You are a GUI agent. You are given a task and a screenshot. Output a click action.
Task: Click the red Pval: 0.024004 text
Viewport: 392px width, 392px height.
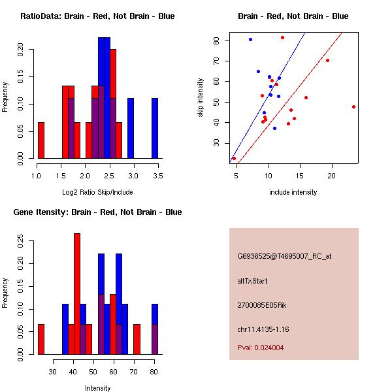pos(261,348)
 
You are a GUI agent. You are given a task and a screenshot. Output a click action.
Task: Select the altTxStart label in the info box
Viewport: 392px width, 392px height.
pos(252,281)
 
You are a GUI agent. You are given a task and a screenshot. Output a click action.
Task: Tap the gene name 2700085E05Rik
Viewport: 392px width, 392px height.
pos(262,305)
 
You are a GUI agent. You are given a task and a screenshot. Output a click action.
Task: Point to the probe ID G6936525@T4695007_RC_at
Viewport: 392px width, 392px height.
pos(284,256)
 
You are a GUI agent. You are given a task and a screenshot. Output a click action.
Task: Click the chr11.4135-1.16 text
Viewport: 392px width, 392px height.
pos(263,329)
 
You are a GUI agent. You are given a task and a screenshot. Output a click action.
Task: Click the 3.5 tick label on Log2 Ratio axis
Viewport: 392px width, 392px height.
pos(158,176)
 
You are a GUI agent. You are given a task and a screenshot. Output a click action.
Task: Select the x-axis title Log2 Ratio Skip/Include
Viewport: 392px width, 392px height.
pos(97,192)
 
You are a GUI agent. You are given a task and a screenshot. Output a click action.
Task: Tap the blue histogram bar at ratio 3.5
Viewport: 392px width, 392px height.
pos(155,128)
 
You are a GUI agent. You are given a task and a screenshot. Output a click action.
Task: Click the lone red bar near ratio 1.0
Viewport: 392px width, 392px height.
pos(41,140)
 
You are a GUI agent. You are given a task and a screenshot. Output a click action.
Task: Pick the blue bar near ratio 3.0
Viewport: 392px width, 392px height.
pos(131,128)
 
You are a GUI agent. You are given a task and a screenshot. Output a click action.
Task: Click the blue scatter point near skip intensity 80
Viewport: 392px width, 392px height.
pos(250,39)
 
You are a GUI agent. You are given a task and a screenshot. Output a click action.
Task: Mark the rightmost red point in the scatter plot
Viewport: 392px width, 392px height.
pos(353,106)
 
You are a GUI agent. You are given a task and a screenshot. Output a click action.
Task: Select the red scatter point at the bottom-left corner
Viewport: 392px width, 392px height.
pos(235,158)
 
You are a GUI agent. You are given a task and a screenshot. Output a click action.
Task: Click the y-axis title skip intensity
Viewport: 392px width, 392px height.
pos(201,97)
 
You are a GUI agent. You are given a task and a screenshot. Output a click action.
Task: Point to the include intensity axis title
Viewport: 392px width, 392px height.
pos(293,192)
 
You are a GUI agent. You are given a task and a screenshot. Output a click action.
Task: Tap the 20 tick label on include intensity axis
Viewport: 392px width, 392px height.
pos(332,176)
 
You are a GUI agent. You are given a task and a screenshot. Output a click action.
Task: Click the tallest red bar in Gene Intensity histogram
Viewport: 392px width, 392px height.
pos(77,294)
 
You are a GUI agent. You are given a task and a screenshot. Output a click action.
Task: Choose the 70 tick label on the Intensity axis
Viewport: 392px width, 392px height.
pos(134,372)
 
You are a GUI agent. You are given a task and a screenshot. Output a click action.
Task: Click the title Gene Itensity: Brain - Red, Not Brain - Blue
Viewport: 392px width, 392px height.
pos(97,212)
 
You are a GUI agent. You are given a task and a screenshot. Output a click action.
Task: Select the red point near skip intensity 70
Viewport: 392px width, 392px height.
pos(327,61)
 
